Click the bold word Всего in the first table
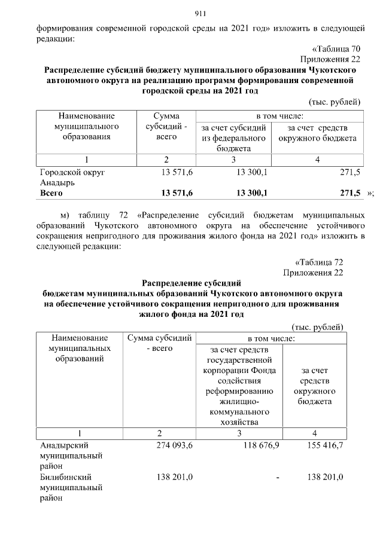(x=51, y=193)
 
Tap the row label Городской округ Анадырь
(x=72, y=177)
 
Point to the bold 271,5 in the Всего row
(x=349, y=193)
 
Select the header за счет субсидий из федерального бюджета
(x=234, y=138)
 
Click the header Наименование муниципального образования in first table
(x=86, y=127)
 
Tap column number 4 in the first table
(x=317, y=160)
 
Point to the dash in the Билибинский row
(x=278, y=478)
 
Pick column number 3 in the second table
(x=239, y=433)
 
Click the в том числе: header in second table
(x=271, y=338)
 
